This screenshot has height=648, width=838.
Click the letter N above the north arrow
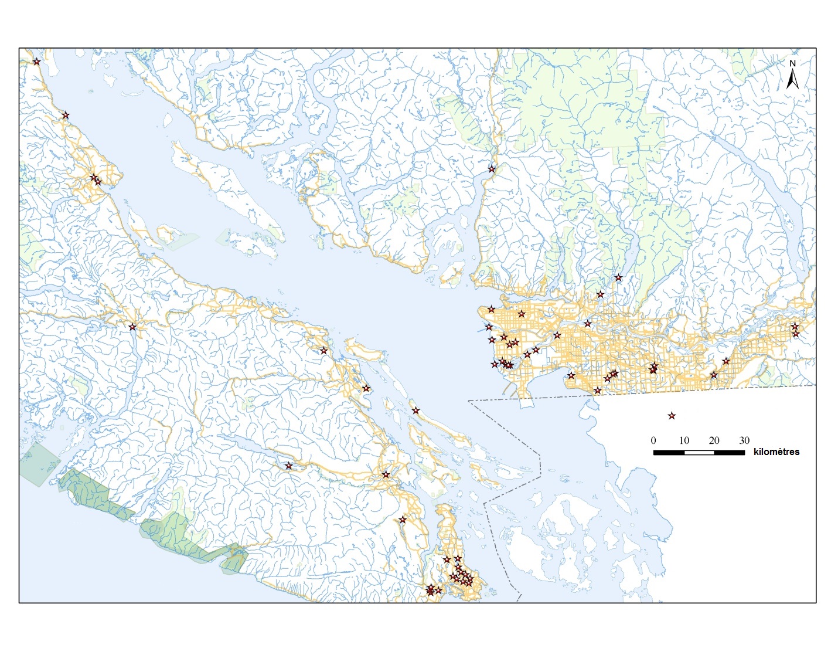click(x=792, y=63)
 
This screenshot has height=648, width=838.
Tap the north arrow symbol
click(x=792, y=79)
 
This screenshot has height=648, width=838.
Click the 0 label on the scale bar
click(x=653, y=440)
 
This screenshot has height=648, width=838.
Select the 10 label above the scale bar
click(x=684, y=440)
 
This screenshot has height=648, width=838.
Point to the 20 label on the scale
click(x=714, y=440)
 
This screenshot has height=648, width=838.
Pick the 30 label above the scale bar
click(x=744, y=440)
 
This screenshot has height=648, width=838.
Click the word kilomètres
click(x=776, y=452)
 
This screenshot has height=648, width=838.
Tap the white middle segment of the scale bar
click(x=699, y=452)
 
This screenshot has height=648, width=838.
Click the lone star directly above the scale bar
click(x=672, y=416)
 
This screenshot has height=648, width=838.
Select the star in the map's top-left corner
click(x=36, y=62)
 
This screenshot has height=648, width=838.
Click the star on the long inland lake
click(x=288, y=466)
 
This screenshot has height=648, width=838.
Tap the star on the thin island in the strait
click(x=415, y=410)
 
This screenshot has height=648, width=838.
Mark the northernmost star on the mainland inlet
click(x=492, y=169)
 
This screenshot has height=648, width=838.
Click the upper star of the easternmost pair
click(x=795, y=326)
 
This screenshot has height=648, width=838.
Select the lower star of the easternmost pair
click(x=796, y=334)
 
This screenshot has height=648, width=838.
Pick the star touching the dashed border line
click(x=597, y=391)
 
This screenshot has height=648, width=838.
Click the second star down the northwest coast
click(x=66, y=116)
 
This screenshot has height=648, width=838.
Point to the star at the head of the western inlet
click(x=132, y=327)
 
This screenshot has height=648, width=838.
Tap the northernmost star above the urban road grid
click(x=618, y=277)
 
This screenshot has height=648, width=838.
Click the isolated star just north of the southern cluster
click(x=403, y=520)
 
